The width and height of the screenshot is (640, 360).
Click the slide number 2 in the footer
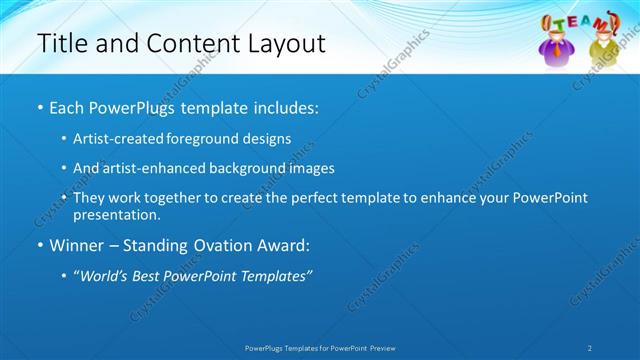point(590,348)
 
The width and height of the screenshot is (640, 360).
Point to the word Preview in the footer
point(388,348)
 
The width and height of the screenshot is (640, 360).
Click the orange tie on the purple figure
point(557,50)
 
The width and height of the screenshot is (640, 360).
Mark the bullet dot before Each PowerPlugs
point(39,107)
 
